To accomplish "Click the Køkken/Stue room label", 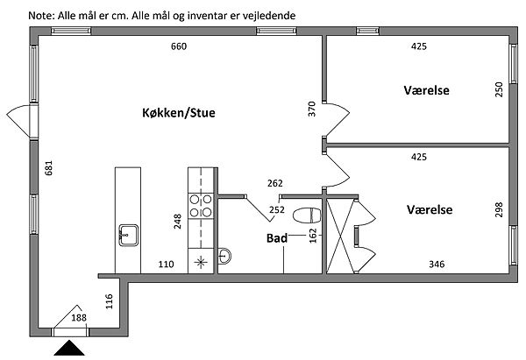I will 179,113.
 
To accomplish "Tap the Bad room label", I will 277,238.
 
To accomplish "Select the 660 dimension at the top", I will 179,46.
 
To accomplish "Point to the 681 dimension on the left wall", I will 49,168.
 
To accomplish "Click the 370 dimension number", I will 310,109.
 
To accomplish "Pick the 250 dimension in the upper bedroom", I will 498,88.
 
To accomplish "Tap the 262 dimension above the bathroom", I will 274,184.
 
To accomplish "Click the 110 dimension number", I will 166,263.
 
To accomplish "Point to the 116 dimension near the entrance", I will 109,303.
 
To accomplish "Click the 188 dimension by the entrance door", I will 79,317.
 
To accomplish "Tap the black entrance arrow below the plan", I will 70,349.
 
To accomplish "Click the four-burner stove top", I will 202,205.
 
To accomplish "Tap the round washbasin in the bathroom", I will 224,256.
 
